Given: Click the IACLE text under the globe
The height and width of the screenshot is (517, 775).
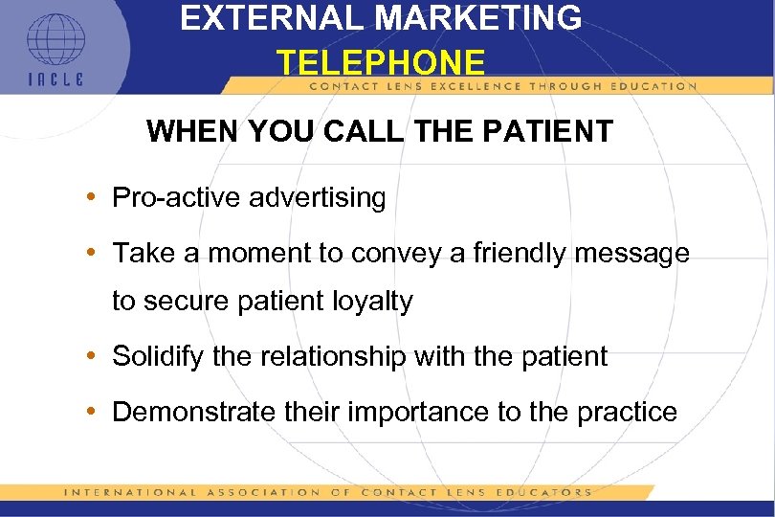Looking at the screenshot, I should tap(55, 79).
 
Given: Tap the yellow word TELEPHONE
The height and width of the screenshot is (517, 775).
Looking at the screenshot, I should tap(381, 63).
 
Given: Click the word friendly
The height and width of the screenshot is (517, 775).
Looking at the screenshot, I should tap(510, 254).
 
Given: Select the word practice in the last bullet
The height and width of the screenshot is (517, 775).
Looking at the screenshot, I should tap(627, 413).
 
